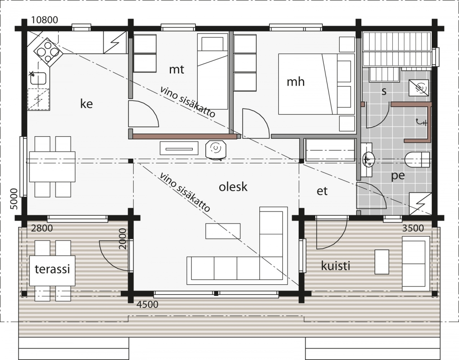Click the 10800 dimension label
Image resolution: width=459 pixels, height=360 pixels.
(x=45, y=20)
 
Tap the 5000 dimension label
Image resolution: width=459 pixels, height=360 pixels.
(x=14, y=199)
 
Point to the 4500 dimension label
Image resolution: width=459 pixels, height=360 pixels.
(x=147, y=305)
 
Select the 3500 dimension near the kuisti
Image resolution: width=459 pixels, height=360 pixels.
(x=413, y=228)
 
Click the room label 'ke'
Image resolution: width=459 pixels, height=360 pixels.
(x=86, y=104)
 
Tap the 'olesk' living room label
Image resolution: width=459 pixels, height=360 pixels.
(x=233, y=187)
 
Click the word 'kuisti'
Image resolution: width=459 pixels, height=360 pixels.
(x=335, y=266)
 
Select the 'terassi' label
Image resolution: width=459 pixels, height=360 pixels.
(x=52, y=269)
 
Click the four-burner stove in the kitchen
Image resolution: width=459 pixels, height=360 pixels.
(x=48, y=52)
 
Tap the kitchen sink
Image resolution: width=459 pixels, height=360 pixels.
(x=38, y=78)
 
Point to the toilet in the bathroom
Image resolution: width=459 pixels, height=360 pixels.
(x=417, y=160)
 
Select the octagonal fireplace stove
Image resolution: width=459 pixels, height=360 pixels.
(x=216, y=149)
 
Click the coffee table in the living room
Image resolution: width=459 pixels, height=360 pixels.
(x=223, y=231)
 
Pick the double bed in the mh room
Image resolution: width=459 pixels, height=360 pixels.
(x=316, y=84)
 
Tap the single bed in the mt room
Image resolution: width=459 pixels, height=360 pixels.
(x=213, y=72)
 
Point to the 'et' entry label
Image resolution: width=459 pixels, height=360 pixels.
(x=322, y=191)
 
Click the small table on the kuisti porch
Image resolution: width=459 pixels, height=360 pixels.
(x=382, y=262)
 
